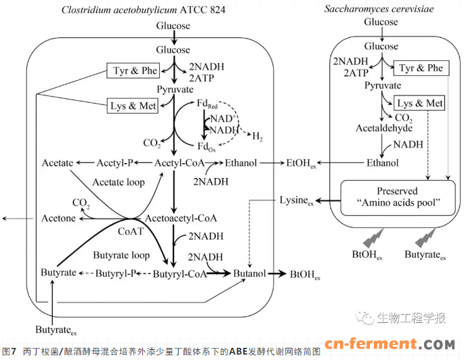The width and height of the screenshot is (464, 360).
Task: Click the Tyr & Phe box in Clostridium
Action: coord(135,71)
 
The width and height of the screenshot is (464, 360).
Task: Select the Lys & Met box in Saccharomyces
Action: coord(420,104)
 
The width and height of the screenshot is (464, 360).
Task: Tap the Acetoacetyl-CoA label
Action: coord(182,219)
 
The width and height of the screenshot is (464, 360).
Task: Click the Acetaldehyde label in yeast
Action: coord(384,128)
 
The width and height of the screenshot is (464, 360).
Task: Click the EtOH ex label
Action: coord(302,164)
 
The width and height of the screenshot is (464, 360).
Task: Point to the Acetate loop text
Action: coord(118,182)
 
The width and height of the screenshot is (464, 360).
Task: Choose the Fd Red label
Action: coord(207,106)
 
